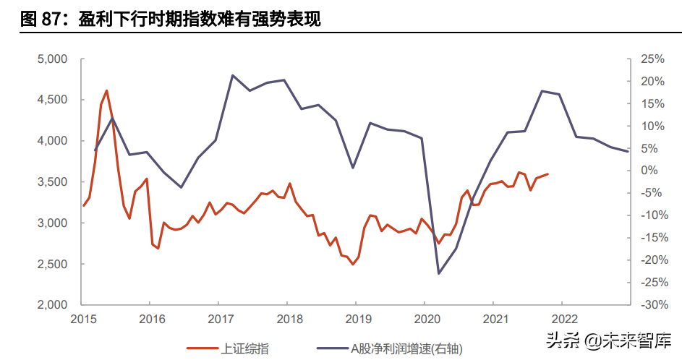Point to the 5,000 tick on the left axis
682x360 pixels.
point(52,59)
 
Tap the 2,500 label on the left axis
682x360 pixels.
point(52,264)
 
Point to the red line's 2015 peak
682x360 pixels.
point(106,90)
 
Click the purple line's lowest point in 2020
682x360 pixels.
point(439,273)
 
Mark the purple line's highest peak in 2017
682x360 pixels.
point(232,75)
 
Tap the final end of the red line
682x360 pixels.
point(548,173)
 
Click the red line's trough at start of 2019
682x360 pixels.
point(353,265)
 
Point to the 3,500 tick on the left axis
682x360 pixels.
point(52,181)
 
